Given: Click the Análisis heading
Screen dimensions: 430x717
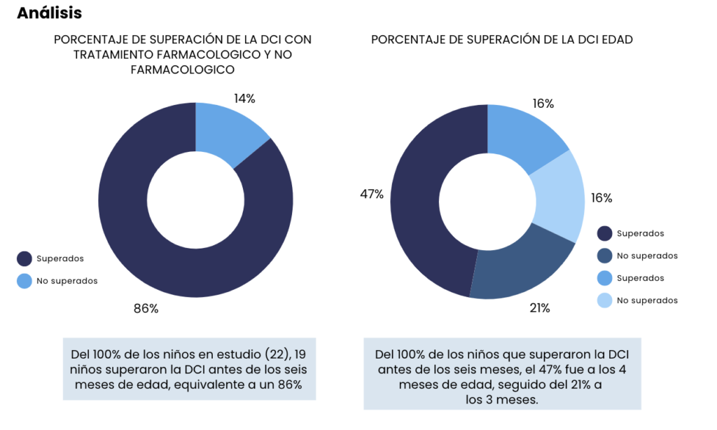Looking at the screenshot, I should tap(49, 13).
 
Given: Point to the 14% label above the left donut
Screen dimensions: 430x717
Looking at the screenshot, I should tap(244, 99).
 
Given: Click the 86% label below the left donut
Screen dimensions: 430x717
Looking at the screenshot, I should tap(146, 308).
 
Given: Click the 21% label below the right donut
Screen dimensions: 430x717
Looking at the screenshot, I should tap(540, 307).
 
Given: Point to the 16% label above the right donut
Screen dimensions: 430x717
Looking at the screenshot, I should tap(543, 104).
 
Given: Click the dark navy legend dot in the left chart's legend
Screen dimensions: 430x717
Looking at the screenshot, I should tap(25, 259).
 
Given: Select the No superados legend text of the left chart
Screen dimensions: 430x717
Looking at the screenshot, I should tap(67, 281).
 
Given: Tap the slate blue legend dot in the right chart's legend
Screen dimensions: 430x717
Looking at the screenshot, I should tap(605, 256).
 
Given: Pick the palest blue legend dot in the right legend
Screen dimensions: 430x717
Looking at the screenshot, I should tap(605, 300).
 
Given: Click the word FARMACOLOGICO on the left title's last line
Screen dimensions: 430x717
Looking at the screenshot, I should tap(182, 70).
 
